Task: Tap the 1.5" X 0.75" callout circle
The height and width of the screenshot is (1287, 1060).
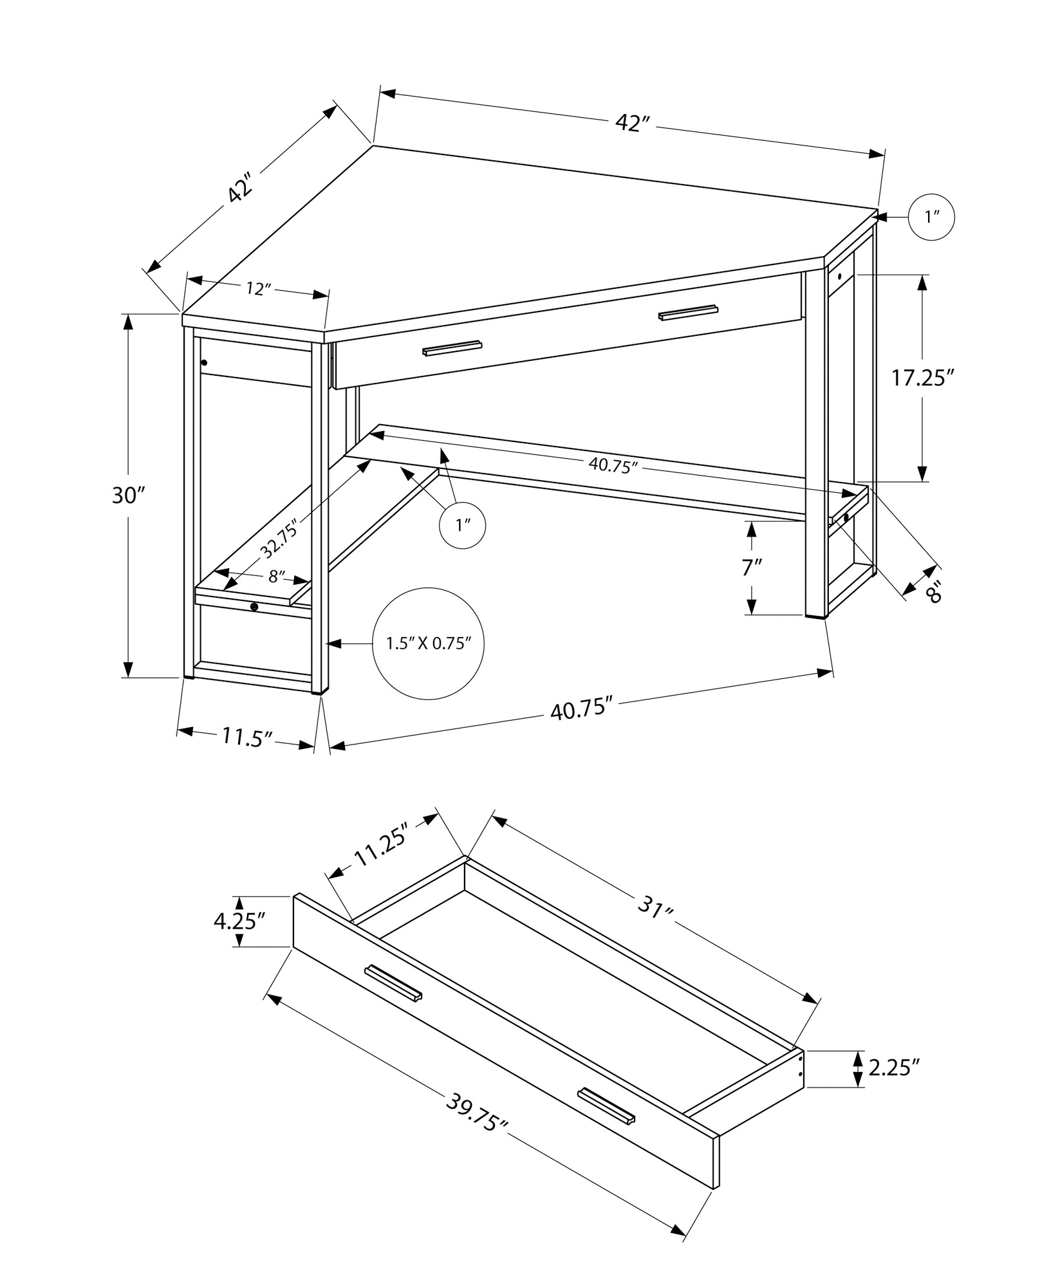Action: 428,643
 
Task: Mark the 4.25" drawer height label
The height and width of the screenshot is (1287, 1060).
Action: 239,921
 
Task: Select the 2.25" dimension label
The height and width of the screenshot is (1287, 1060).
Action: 893,1068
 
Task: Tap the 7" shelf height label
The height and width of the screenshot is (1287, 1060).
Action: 752,568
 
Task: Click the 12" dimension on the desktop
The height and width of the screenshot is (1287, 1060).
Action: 256,289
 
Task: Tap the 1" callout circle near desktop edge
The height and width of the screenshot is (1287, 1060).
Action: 931,218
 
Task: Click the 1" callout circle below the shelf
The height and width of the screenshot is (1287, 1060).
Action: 462,525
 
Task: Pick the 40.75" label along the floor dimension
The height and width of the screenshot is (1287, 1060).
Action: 580,710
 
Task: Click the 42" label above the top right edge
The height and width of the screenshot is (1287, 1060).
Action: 633,123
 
